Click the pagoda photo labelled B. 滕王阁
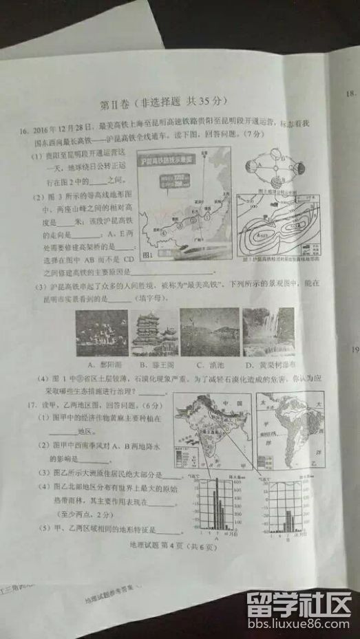tap(153, 332)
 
